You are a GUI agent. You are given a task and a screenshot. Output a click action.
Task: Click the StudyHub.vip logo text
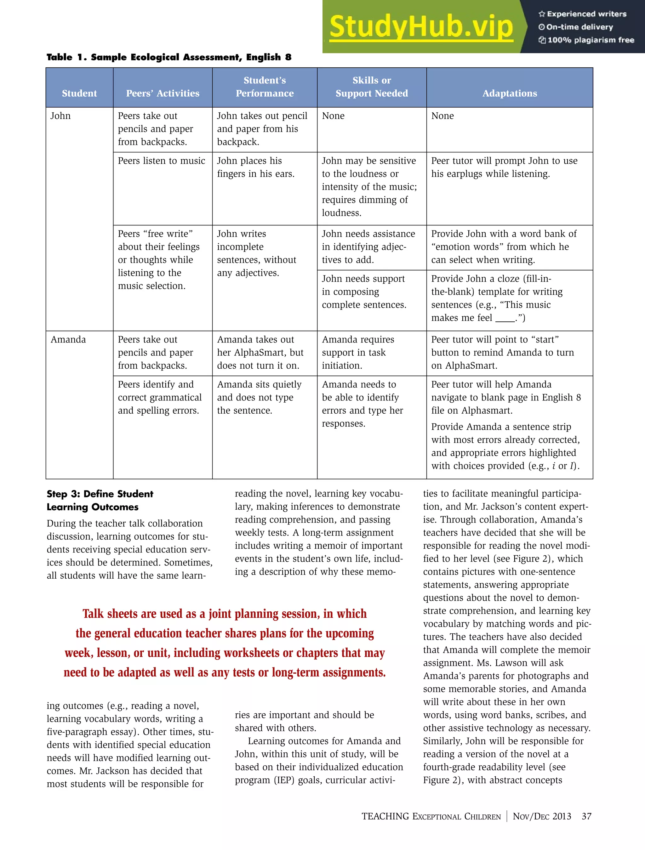coord(421,27)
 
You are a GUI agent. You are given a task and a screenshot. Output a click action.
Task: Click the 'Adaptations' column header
coord(509,93)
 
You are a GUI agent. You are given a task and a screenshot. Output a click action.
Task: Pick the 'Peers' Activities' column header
coord(163,93)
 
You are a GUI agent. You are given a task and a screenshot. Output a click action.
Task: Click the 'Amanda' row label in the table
coord(68,340)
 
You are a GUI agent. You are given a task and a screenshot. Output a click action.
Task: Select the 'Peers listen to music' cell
coord(162,161)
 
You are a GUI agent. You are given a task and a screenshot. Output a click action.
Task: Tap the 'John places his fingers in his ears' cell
coord(256,167)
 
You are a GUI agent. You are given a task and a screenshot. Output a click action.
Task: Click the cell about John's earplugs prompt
coord(504,167)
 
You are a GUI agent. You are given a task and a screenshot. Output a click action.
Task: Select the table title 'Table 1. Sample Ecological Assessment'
coord(169,57)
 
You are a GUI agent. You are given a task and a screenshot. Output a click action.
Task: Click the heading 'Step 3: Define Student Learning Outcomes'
coord(100,500)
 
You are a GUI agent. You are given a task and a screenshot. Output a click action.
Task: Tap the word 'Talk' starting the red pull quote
coord(93,614)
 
